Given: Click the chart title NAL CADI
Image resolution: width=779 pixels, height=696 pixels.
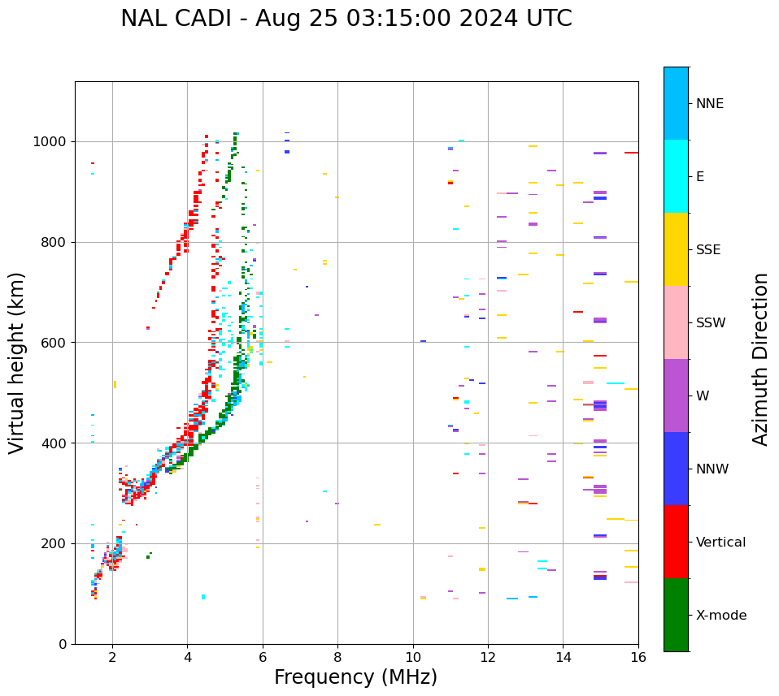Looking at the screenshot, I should pos(346,19).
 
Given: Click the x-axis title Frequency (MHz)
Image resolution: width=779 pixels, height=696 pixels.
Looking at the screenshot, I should pos(355,677).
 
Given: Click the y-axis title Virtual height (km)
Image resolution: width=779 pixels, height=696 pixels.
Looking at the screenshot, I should pos(17,363).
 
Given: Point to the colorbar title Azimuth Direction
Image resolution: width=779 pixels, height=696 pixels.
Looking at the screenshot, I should pos(760,359).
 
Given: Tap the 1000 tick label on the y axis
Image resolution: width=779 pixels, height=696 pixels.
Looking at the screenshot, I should pos(50,142).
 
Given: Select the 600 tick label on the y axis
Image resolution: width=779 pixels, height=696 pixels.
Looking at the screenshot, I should pos(54,343).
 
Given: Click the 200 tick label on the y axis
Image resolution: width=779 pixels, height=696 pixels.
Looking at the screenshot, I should pos(54,543).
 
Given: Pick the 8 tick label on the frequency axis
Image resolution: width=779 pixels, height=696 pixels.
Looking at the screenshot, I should pos(337,657).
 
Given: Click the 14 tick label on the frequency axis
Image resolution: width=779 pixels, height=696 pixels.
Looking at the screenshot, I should pos(564,657).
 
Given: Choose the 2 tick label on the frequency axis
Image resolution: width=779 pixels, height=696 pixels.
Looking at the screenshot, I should pos(112,657).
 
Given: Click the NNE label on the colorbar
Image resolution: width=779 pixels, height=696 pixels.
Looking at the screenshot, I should pos(710,104).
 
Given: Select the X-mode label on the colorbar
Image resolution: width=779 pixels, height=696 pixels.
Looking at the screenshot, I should pos(721,616).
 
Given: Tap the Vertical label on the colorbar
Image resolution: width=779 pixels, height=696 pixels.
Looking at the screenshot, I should pos(720,543).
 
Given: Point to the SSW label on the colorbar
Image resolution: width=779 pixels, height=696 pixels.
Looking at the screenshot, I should pos(711,323).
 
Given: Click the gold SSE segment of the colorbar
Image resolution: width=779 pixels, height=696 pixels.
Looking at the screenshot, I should pos(676,249).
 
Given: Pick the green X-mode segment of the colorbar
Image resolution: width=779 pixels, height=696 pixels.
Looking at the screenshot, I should pos(676,615).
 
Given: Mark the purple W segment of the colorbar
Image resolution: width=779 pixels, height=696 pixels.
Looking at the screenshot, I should pos(676,396).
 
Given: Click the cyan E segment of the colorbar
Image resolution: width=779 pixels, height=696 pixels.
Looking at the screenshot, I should pos(676,176).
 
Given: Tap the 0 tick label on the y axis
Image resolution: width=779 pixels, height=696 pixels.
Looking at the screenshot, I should pos(62,644).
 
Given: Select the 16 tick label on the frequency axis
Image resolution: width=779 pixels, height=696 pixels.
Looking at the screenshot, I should pos(638,657).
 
